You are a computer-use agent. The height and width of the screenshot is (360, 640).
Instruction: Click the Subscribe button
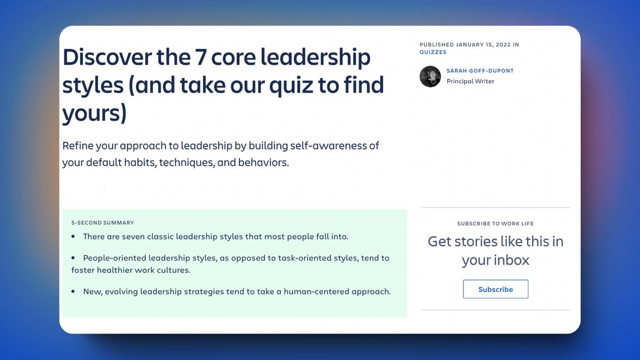click(x=495, y=289)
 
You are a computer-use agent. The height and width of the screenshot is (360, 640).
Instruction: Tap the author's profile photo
click(x=430, y=76)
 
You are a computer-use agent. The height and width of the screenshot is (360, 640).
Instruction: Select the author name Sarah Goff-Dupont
click(x=480, y=71)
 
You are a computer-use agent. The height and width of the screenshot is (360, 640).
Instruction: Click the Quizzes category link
click(x=433, y=52)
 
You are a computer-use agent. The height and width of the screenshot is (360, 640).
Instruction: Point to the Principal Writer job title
click(x=470, y=81)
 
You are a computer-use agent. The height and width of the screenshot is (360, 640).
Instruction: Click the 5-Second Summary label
click(x=103, y=223)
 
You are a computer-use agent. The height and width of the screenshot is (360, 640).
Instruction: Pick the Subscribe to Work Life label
click(x=495, y=224)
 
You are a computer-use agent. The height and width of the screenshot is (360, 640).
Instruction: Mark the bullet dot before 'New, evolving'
click(x=73, y=292)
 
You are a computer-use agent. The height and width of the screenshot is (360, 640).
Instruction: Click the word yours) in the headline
click(x=95, y=113)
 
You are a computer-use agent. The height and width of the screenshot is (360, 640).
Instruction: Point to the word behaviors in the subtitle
click(x=263, y=163)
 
